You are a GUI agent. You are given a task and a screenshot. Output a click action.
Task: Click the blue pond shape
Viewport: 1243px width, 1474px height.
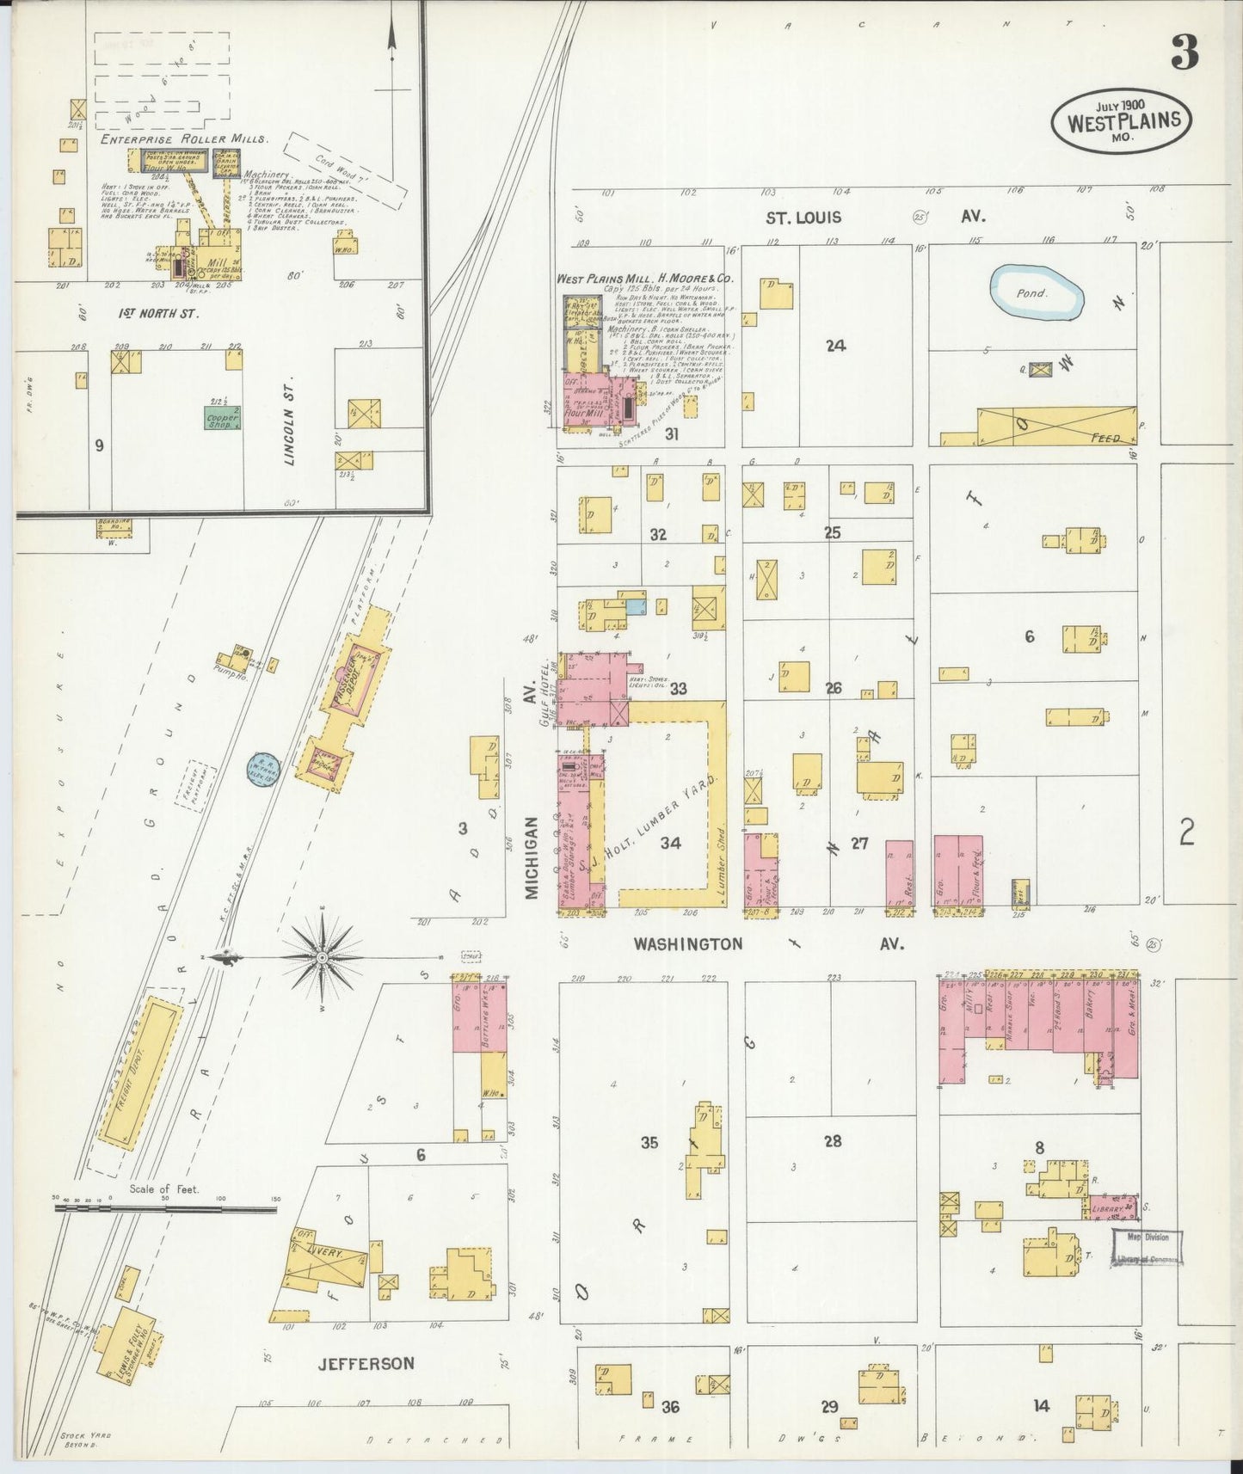[x=1037, y=292]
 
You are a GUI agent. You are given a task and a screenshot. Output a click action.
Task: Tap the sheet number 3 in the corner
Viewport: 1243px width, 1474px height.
[x=1185, y=56]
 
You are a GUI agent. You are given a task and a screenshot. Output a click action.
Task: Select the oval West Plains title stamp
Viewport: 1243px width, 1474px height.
[x=1122, y=120]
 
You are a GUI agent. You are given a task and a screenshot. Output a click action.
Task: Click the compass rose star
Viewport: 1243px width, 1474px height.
[x=321, y=956]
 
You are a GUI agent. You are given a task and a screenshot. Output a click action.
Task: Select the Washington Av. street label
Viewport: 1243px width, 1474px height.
[x=688, y=943]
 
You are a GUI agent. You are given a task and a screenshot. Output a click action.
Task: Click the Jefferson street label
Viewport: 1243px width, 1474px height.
[x=366, y=1363]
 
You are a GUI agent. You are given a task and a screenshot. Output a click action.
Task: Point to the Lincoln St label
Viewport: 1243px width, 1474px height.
[x=290, y=419]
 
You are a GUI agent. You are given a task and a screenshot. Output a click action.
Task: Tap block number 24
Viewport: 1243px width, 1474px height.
[x=834, y=346]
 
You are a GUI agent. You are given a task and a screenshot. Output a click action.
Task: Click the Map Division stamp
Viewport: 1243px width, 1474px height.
[x=1148, y=1246]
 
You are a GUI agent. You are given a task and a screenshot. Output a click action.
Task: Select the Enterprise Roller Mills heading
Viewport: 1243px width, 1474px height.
[x=184, y=138]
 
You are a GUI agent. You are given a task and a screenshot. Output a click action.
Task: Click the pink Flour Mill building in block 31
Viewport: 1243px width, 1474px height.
[x=594, y=399]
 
